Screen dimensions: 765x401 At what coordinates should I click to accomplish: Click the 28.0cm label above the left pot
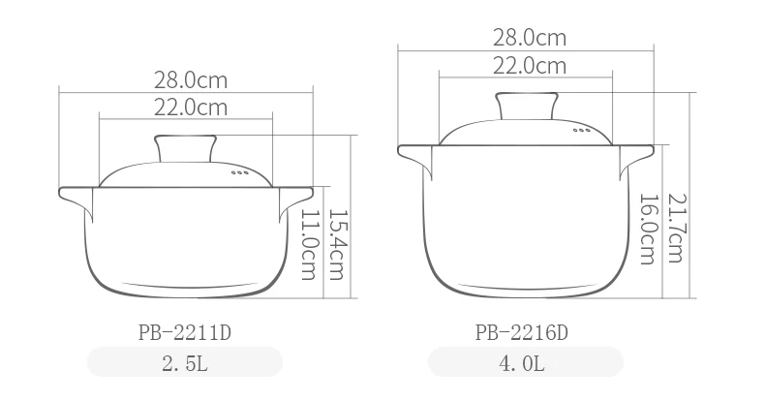click(x=191, y=80)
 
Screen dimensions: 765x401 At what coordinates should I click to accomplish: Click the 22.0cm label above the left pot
click(x=191, y=108)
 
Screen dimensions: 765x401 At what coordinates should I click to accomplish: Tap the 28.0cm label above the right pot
click(x=530, y=38)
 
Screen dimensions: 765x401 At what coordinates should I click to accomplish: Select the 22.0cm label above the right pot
click(x=530, y=65)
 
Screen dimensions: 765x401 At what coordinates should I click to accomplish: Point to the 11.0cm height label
click(x=309, y=244)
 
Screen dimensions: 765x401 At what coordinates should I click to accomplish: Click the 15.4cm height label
click(x=337, y=244)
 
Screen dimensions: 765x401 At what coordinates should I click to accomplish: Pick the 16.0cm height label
click(x=648, y=230)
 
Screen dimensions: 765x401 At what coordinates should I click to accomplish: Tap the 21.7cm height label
click(x=675, y=229)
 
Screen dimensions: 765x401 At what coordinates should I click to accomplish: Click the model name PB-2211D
click(x=184, y=333)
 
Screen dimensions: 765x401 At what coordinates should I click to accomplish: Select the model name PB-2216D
click(x=522, y=333)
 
